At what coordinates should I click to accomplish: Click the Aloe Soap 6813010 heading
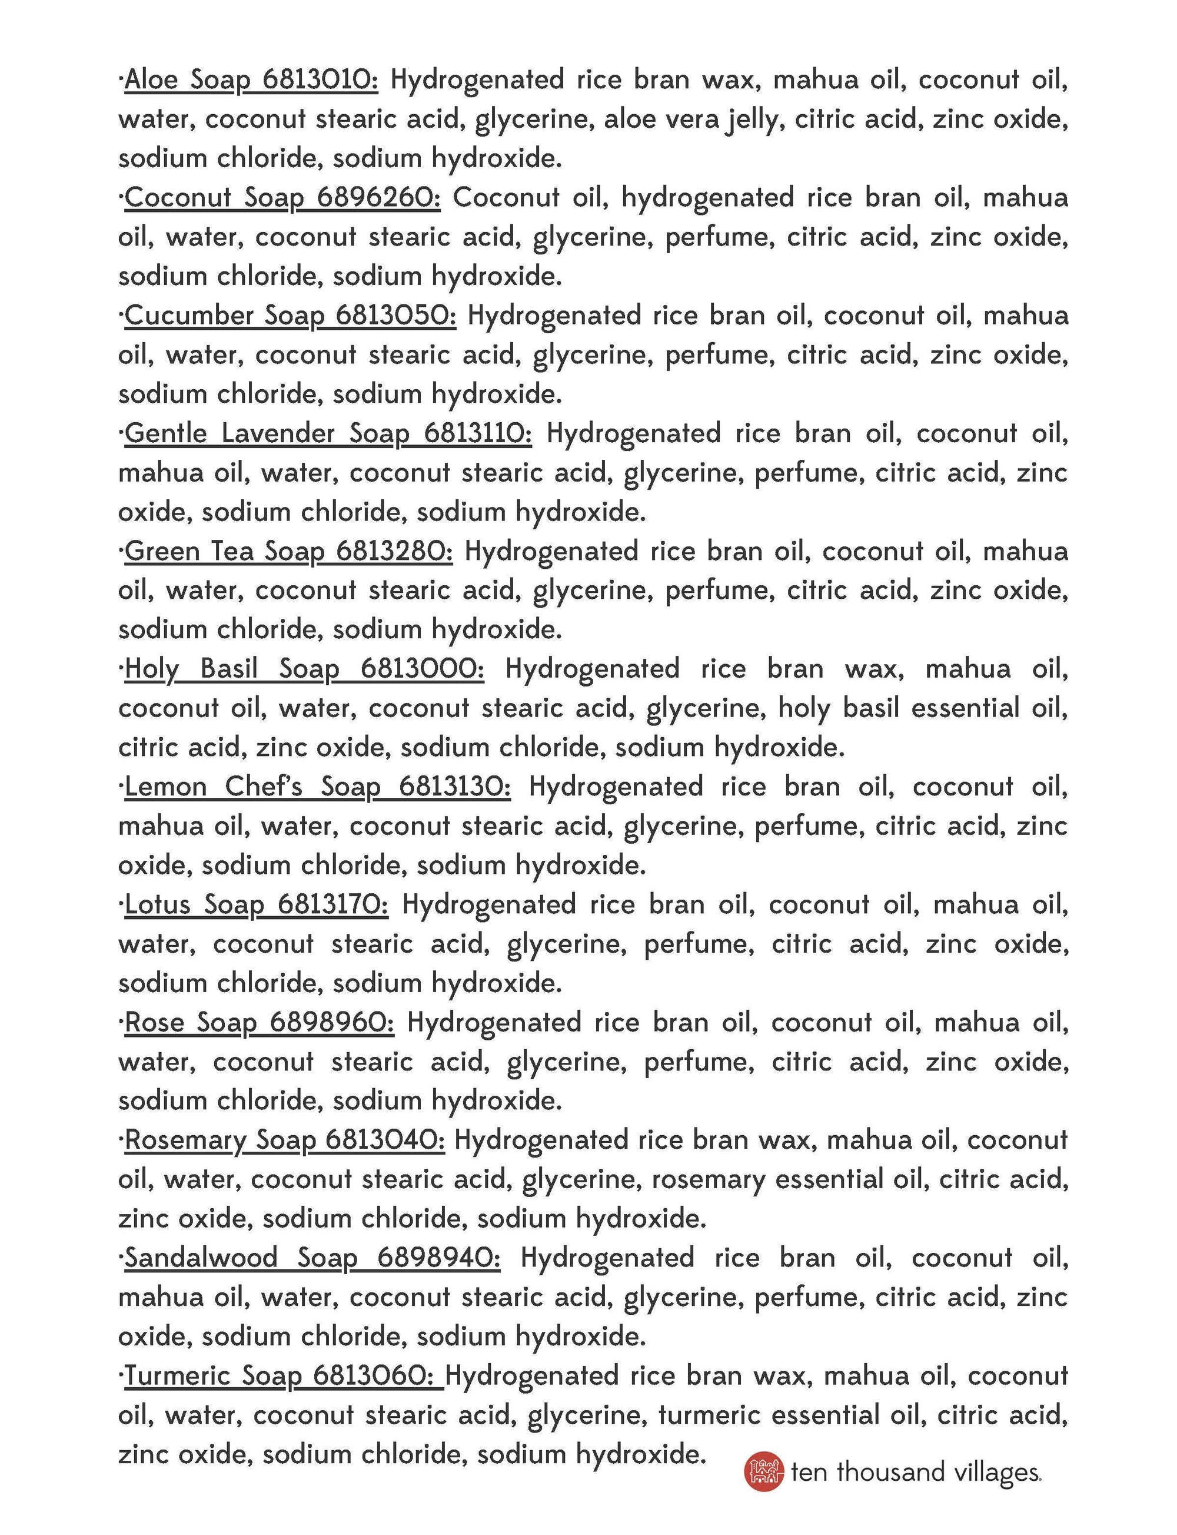coord(251,80)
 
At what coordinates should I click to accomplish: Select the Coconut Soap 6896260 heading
coord(282,198)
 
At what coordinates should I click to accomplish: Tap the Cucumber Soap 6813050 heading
coord(290,316)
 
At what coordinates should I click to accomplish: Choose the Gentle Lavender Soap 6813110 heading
coord(328,433)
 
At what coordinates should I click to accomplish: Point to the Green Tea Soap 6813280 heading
coord(288,551)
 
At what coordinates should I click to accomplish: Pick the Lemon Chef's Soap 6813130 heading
coord(317,787)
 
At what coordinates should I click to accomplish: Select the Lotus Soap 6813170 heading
coord(257,904)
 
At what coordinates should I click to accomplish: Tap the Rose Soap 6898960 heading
coord(259,1022)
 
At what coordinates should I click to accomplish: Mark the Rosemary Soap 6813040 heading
coord(284,1140)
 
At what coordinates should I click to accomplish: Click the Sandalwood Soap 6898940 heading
coord(312,1258)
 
